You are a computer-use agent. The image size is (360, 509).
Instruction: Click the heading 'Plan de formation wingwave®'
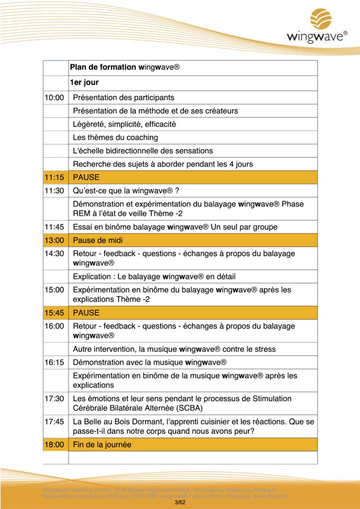pos(124,67)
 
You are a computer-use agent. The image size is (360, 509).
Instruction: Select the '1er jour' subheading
pos(84,83)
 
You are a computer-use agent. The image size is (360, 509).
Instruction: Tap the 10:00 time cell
pos(54,97)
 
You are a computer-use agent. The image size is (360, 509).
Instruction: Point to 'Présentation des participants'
pos(123,97)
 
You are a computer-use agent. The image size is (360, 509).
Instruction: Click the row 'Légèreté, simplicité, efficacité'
pos(124,124)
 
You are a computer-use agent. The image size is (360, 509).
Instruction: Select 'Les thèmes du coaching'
pos(115,137)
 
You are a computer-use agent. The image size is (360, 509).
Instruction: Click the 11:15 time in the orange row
pos(54,177)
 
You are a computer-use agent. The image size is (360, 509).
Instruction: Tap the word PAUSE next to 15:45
pos(86,313)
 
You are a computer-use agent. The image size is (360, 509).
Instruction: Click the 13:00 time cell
pos(54,240)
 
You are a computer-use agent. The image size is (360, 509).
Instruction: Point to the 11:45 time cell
pos(54,227)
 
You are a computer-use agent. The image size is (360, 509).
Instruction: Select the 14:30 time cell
pos(54,254)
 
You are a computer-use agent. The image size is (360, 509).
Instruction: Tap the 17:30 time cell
pos(54,399)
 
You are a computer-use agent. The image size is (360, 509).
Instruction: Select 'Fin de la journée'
pos(102,444)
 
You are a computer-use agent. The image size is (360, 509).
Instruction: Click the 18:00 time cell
pos(54,444)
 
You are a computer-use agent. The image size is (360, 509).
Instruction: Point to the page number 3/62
pos(180,503)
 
